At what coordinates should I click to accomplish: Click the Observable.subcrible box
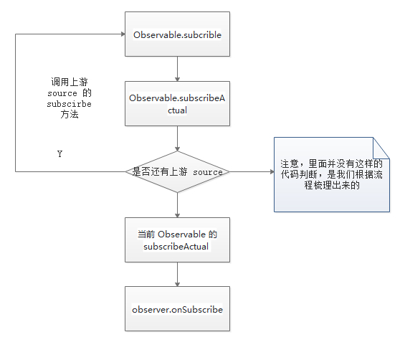click(x=177, y=34)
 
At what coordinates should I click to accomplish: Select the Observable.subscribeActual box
click(x=177, y=104)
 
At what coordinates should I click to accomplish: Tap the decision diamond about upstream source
click(x=177, y=172)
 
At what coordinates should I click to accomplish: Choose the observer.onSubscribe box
click(x=177, y=309)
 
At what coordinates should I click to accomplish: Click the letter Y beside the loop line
click(x=59, y=154)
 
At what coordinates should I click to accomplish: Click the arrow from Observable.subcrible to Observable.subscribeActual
click(x=177, y=68)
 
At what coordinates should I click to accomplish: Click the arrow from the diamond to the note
click(x=251, y=172)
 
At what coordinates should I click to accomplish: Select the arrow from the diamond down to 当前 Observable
click(x=177, y=205)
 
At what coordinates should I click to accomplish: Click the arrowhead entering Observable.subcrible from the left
click(x=121, y=34)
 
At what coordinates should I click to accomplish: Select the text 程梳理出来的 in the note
click(x=332, y=186)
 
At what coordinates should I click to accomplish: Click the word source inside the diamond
click(x=208, y=173)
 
